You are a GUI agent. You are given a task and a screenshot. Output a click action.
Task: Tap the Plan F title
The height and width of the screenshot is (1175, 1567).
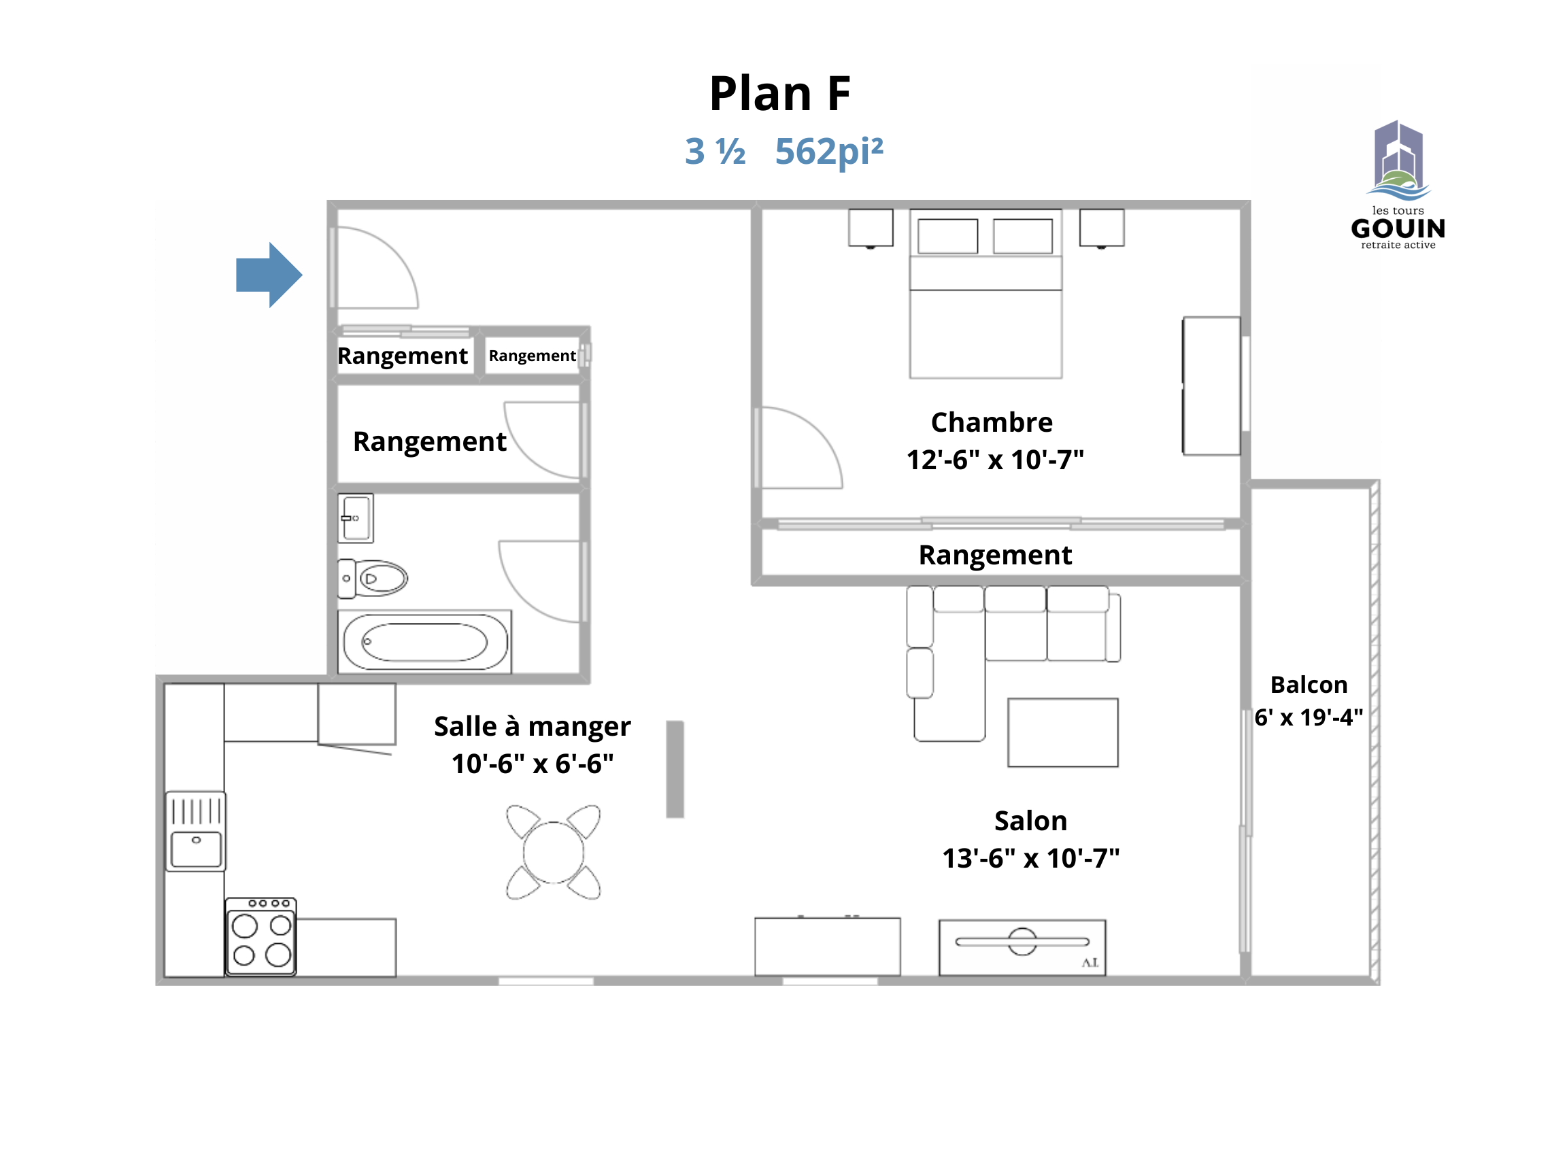pos(780,93)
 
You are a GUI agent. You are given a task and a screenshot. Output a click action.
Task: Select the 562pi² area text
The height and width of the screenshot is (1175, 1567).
pos(829,151)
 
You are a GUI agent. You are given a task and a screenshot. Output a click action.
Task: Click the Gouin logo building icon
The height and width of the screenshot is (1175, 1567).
pos(1398,160)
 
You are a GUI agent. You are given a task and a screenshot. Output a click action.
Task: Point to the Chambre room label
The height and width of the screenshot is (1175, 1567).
pos(992,422)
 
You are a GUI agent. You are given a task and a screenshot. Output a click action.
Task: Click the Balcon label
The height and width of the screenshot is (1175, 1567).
pos(1309,685)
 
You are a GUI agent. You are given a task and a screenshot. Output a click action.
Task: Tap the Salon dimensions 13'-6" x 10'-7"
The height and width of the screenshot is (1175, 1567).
pos(1031,858)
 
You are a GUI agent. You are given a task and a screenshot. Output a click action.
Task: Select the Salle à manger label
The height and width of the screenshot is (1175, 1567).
pos(533,727)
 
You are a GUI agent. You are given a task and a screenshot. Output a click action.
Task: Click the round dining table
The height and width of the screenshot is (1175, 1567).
pos(553,853)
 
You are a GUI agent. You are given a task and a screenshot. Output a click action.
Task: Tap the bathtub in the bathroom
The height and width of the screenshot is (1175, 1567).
pos(425,642)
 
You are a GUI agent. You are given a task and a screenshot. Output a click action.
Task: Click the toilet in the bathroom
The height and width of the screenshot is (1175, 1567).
pos(373,579)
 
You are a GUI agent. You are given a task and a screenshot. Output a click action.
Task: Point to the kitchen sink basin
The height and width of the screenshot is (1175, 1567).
pos(197,849)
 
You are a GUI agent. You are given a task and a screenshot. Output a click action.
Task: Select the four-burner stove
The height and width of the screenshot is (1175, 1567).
pos(261,937)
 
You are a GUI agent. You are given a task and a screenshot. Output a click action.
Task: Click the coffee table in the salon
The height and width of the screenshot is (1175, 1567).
pos(1062,732)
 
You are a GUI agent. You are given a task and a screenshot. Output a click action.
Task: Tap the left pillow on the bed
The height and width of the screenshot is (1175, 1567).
pos(948,236)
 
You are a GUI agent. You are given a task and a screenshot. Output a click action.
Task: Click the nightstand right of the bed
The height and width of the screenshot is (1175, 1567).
pos(1102,228)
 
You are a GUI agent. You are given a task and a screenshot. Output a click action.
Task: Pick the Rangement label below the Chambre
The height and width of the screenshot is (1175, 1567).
pos(995,556)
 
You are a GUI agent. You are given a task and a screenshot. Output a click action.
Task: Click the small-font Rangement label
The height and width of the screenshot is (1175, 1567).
pos(532,356)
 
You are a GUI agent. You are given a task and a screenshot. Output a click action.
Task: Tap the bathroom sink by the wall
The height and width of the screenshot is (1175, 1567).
pos(356,518)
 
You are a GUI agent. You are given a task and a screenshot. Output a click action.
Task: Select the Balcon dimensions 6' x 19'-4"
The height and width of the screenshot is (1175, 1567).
pos(1309,717)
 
